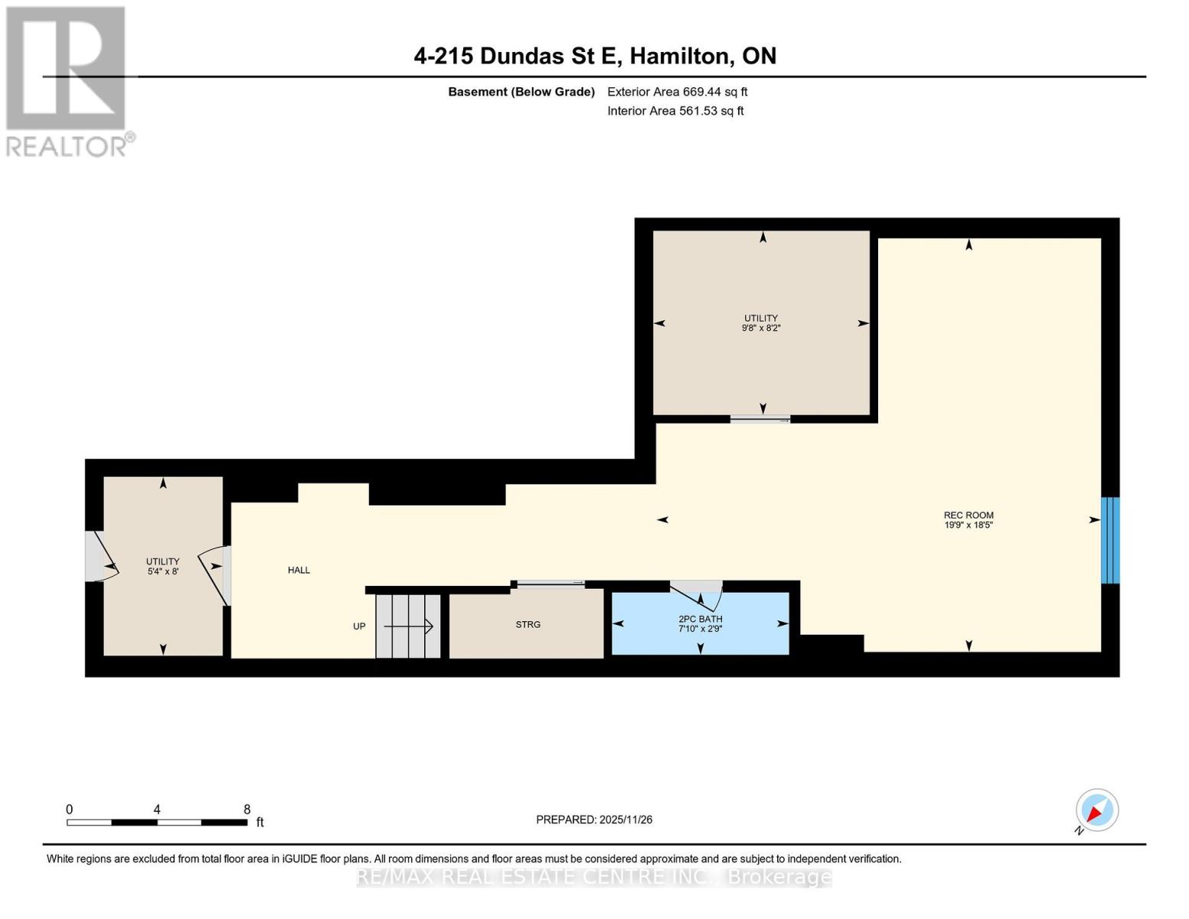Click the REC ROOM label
[x=968, y=515]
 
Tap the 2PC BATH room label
[x=700, y=619]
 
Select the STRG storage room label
[x=528, y=625]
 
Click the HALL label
[x=299, y=570]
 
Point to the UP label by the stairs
[x=359, y=626]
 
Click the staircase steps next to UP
[x=408, y=626]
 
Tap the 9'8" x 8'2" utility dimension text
[x=761, y=328]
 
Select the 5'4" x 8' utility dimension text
[x=162, y=571]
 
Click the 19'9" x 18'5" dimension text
[x=968, y=525]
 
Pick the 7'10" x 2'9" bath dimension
[x=700, y=629]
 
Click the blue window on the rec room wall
[x=1109, y=540]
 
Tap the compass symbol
[x=1096, y=810]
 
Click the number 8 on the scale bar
[x=247, y=809]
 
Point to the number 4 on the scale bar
[x=157, y=809]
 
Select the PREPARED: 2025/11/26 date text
[x=594, y=819]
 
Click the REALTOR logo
[x=67, y=80]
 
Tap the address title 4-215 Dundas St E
[x=595, y=56]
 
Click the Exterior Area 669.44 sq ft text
[x=677, y=92]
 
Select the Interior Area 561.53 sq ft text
[x=675, y=111]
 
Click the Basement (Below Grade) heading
[x=521, y=92]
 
